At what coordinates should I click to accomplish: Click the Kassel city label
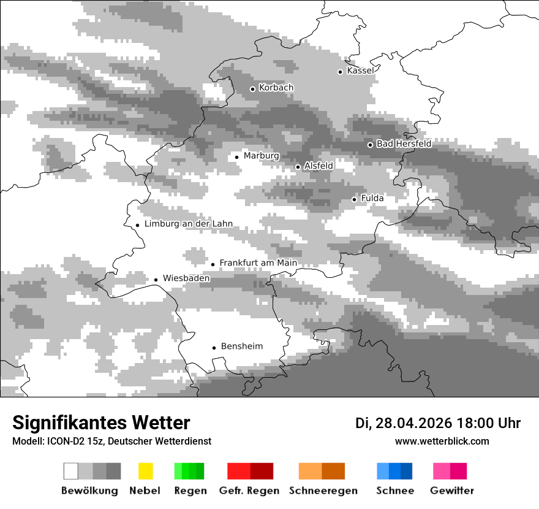coord(360,71)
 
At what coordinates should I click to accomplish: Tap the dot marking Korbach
coord(252,89)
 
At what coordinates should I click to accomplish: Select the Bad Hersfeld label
coord(404,144)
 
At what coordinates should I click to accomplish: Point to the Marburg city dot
coord(237,157)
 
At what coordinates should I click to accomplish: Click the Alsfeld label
coord(318,166)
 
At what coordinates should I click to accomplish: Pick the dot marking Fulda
coord(354,199)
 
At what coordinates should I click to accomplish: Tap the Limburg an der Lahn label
coord(189,224)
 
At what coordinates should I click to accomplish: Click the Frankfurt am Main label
coord(258,263)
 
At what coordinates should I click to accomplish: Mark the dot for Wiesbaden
coord(156,280)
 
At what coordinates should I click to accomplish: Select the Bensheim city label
coord(241,346)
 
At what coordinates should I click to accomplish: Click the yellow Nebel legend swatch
coord(146,471)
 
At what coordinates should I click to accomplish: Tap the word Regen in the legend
coord(190,491)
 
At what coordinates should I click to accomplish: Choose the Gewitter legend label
coord(452,491)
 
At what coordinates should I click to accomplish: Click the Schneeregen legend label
coord(323,491)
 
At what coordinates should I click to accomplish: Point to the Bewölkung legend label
coord(89,491)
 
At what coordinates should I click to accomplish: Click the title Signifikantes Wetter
coord(101,423)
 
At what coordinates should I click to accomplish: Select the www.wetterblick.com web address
coord(442,441)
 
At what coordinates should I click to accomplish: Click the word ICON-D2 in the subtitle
coord(62,442)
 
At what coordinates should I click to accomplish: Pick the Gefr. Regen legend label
coord(249,491)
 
